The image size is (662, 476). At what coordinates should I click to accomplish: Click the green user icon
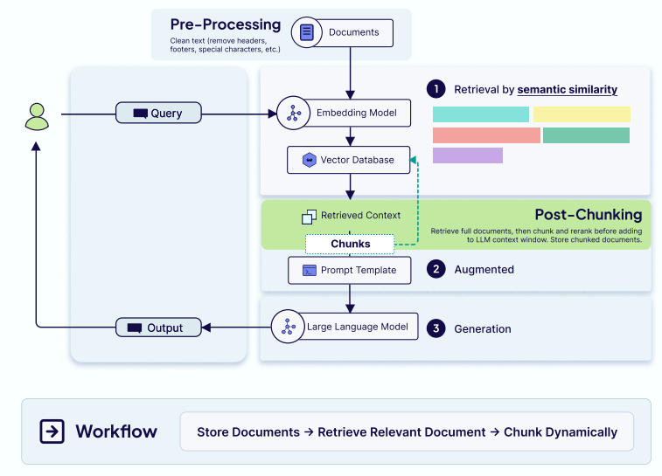(x=37, y=115)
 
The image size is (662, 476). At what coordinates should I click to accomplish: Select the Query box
(x=158, y=113)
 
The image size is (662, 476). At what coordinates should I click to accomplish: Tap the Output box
(x=158, y=328)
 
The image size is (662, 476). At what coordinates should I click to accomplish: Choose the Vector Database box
(x=348, y=160)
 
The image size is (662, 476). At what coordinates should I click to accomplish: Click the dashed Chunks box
(x=350, y=244)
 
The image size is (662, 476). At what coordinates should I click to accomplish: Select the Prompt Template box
(x=349, y=270)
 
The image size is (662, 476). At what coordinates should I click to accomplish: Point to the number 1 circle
(x=435, y=89)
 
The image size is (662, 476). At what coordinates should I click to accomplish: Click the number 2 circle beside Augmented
(x=435, y=270)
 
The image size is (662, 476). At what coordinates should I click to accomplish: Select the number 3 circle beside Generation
(x=435, y=328)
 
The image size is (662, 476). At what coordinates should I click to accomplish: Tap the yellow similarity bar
(x=582, y=114)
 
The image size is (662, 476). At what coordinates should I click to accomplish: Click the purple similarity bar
(x=468, y=155)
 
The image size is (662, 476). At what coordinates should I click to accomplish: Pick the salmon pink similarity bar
(x=486, y=135)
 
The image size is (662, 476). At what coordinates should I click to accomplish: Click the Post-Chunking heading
(x=588, y=215)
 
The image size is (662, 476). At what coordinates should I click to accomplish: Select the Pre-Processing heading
(x=226, y=24)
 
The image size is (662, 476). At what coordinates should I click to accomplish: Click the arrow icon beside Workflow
(x=52, y=431)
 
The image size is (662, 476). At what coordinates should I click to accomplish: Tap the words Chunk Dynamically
(x=561, y=432)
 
